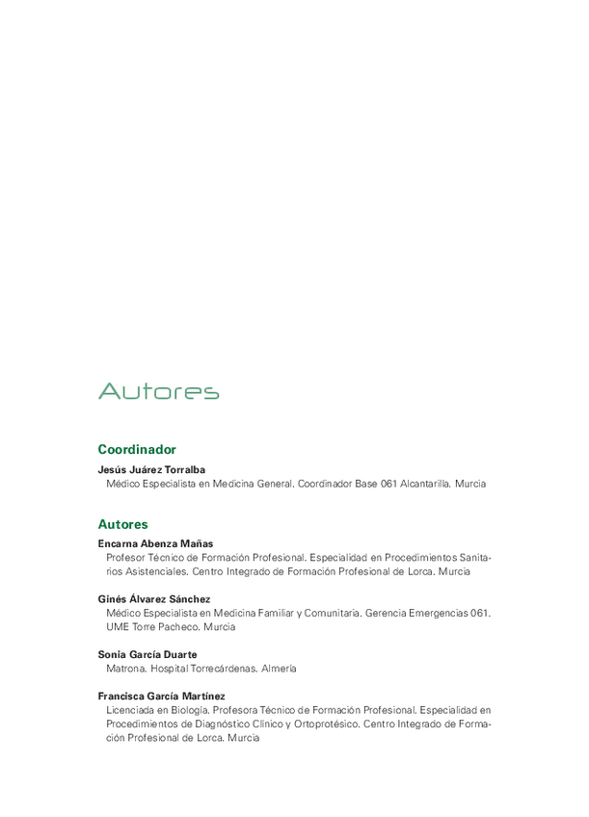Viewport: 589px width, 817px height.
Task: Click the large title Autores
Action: [159, 391]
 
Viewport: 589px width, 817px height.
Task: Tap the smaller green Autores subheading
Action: [123, 525]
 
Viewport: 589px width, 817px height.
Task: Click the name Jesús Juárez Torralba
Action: [151, 469]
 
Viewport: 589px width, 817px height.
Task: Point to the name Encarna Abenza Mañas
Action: [155, 543]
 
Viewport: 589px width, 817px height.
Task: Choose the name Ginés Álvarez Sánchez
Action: [154, 598]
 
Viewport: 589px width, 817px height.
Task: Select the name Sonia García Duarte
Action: [147, 654]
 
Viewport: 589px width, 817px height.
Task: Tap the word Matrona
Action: [125, 669]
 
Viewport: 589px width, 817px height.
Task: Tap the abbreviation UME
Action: [118, 627]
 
